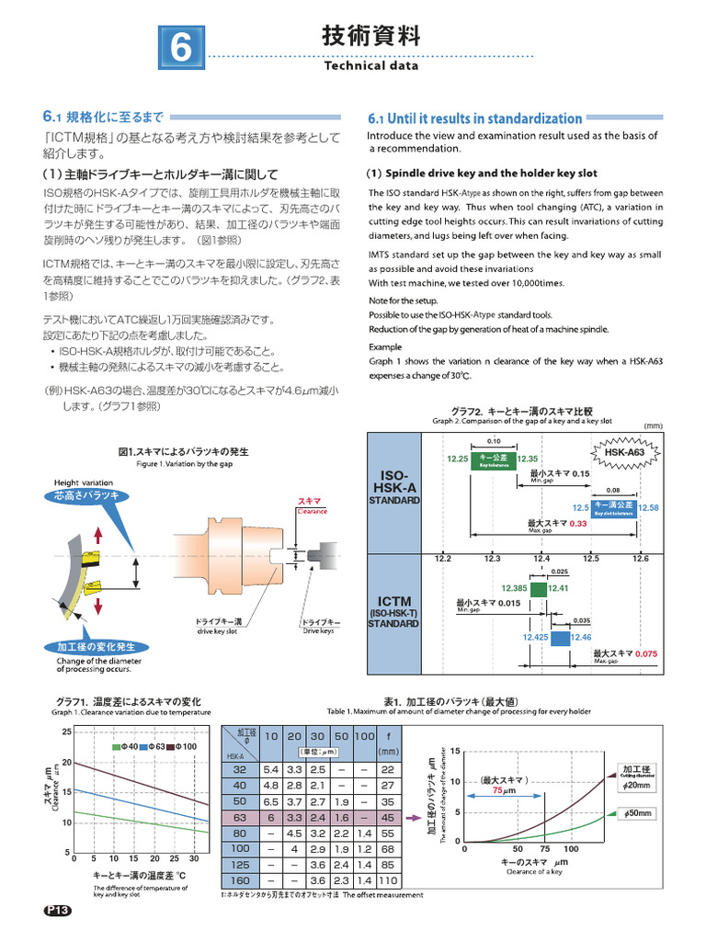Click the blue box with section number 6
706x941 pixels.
tap(181, 48)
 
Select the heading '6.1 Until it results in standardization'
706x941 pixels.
tap(474, 119)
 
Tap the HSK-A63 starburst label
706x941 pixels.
tap(625, 453)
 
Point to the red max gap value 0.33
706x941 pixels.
tap(577, 523)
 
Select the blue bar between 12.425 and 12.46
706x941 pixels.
tap(560, 637)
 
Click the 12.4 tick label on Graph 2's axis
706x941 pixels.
tap(541, 559)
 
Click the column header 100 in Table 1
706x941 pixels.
tap(364, 736)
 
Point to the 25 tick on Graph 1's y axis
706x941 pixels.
tap(66, 731)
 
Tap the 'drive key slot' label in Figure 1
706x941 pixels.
tap(218, 632)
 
